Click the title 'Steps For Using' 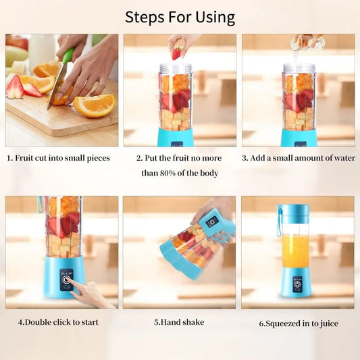[180, 17]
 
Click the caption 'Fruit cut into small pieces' [61, 159]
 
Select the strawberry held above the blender [177, 53]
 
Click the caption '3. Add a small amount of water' [297, 159]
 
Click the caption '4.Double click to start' [58, 322]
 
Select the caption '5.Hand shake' [179, 322]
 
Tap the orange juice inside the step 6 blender [295, 250]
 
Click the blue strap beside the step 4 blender [41, 205]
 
